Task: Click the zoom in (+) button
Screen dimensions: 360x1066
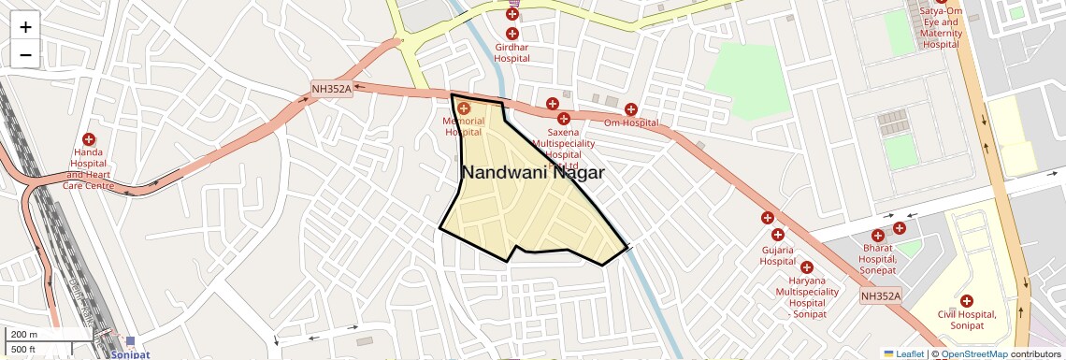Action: pyautogui.click(x=25, y=27)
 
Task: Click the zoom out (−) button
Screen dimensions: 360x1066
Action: pyautogui.click(x=25, y=55)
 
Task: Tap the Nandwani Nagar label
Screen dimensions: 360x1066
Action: pyautogui.click(x=532, y=173)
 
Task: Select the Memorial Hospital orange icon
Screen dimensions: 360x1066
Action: pyautogui.click(x=464, y=108)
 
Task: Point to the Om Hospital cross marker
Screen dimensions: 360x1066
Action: pyautogui.click(x=631, y=110)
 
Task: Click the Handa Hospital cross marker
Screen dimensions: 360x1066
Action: pyautogui.click(x=89, y=139)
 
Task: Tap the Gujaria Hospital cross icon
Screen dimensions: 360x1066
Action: pyautogui.click(x=768, y=218)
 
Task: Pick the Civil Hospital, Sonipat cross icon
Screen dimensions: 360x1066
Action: pyautogui.click(x=966, y=301)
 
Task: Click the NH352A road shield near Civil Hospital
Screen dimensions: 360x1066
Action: pyautogui.click(x=881, y=296)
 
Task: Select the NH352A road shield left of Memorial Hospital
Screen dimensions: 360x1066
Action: pyautogui.click(x=331, y=90)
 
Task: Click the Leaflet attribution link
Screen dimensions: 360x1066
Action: pyautogui.click(x=904, y=353)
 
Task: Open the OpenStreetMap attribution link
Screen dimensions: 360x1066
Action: pyautogui.click(x=973, y=353)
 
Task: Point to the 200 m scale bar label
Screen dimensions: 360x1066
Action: pyautogui.click(x=23, y=335)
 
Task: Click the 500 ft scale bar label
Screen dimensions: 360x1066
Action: pyautogui.click(x=23, y=349)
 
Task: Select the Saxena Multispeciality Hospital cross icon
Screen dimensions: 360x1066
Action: pyautogui.click(x=563, y=119)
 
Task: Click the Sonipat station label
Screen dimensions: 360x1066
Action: pyautogui.click(x=130, y=355)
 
